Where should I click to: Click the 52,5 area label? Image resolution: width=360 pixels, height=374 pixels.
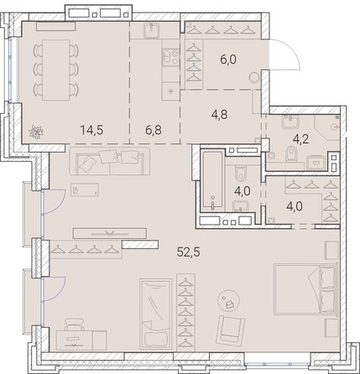coord(188,252)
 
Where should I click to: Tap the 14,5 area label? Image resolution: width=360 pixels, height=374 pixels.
coord(91,130)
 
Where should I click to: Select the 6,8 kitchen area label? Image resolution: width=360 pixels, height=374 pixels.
coord(154,130)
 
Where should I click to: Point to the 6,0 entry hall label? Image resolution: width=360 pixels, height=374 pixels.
coord(228,60)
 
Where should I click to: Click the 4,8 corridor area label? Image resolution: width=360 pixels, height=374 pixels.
coord(220,114)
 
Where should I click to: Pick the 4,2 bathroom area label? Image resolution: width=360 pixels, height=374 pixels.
coord(300,138)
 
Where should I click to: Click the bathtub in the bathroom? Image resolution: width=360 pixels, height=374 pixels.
coord(213,180)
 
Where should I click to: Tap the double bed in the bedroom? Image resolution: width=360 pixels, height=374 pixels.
coord(305,288)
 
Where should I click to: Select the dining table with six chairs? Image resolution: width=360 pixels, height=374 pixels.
coord(55,70)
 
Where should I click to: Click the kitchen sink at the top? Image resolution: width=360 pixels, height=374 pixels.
coord(151,30)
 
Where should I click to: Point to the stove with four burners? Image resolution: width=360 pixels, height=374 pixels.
coord(170,58)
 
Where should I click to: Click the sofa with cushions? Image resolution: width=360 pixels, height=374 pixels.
coord(110,161)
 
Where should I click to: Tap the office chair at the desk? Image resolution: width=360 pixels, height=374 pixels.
coord(75,325)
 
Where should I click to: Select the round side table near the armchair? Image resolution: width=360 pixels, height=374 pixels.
coord(228,300)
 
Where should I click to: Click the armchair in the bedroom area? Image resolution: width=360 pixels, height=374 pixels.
coord(231,330)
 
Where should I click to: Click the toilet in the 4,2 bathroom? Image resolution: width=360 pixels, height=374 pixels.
coord(292,154)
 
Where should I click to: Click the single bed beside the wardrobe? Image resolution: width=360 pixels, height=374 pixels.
coord(156,314)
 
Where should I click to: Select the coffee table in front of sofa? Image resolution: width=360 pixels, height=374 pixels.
coord(85,190)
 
